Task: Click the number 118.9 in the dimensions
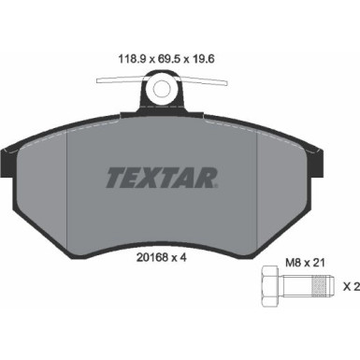point(121,55)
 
